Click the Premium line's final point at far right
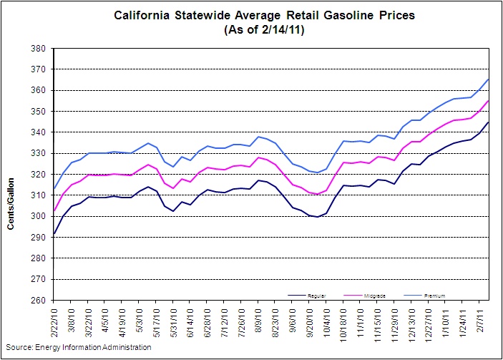click(x=489, y=79)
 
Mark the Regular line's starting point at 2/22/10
click(x=54, y=234)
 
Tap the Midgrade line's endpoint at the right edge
click(x=489, y=100)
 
